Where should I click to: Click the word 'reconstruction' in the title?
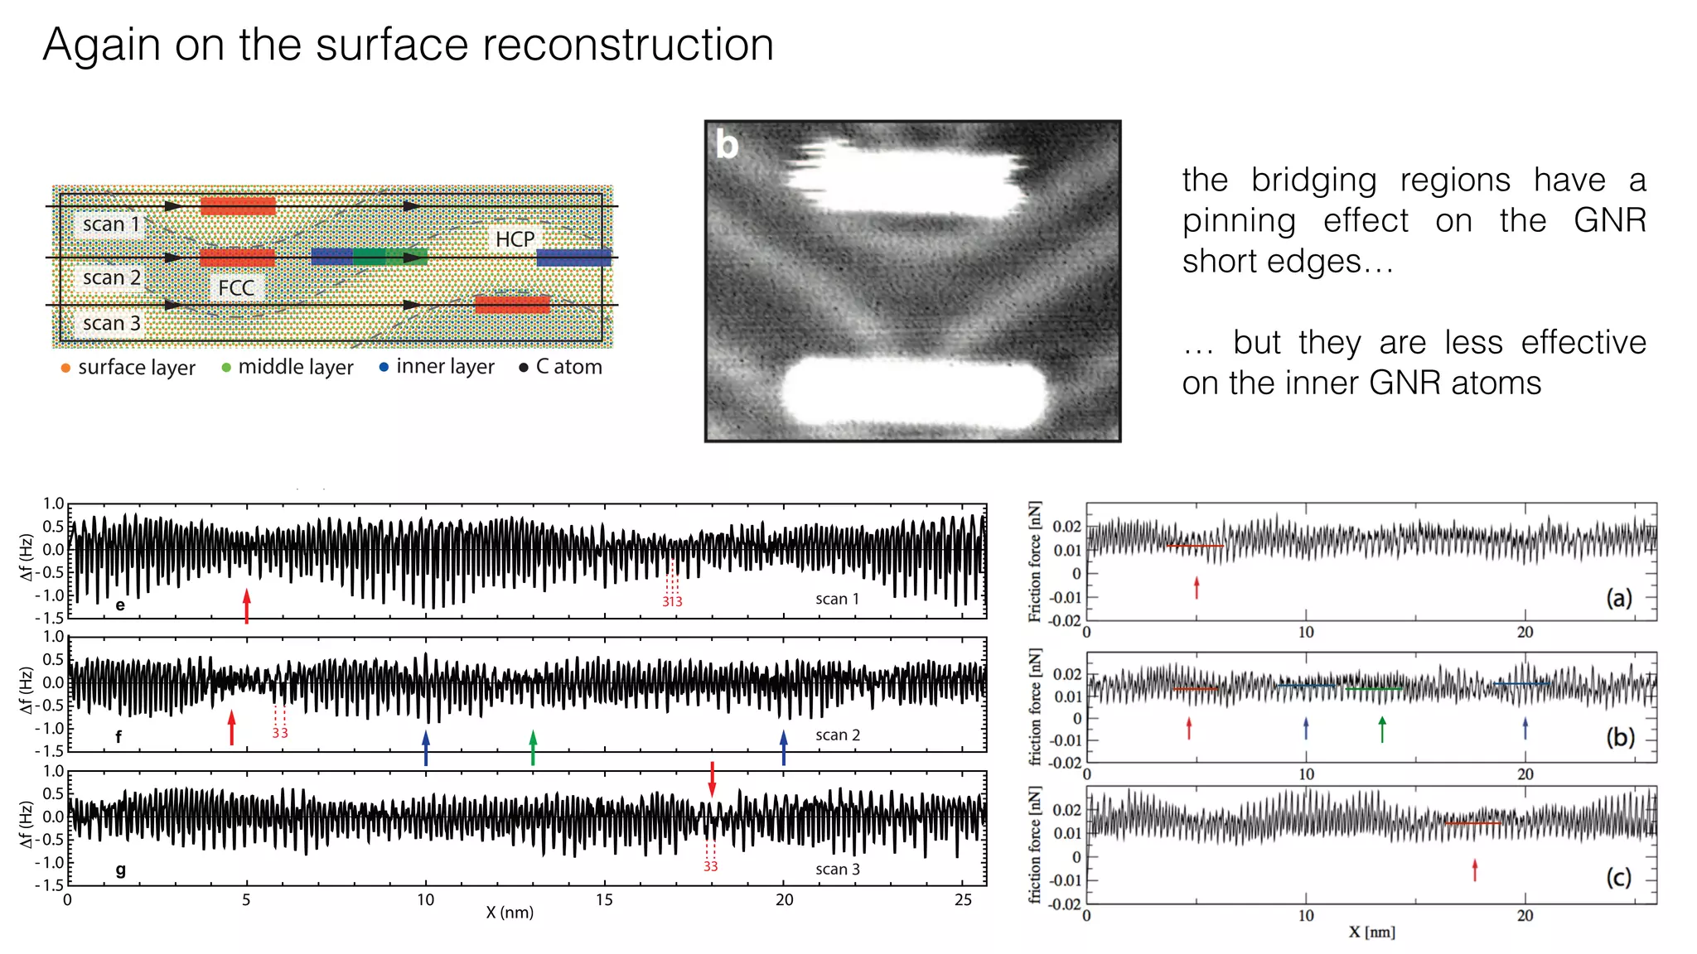coord(627,45)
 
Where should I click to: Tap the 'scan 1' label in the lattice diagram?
coord(111,224)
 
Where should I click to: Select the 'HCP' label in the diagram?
coord(515,239)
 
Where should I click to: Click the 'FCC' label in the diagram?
coord(236,288)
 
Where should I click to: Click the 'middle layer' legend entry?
coord(295,367)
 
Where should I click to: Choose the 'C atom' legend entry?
coord(568,367)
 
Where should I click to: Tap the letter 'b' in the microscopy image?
coord(727,145)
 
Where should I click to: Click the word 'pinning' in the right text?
coord(1238,221)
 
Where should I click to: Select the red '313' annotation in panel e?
coord(672,601)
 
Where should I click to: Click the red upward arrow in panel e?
coord(247,605)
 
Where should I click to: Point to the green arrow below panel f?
coord(533,747)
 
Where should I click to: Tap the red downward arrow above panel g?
coord(712,779)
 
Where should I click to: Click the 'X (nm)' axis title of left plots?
coord(510,913)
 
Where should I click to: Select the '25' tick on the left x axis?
coord(963,900)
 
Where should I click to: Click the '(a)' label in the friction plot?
coord(1618,597)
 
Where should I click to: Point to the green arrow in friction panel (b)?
coord(1382,729)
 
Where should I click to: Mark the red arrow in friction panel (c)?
coord(1475,870)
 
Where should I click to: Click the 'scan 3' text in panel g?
coord(837,869)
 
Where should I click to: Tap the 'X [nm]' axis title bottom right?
coord(1371,932)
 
